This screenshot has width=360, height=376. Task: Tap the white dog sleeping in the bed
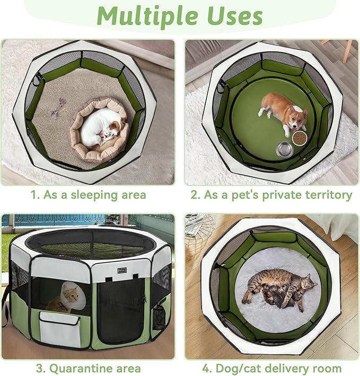tap(100, 127)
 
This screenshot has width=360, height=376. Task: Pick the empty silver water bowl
tap(285, 150)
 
